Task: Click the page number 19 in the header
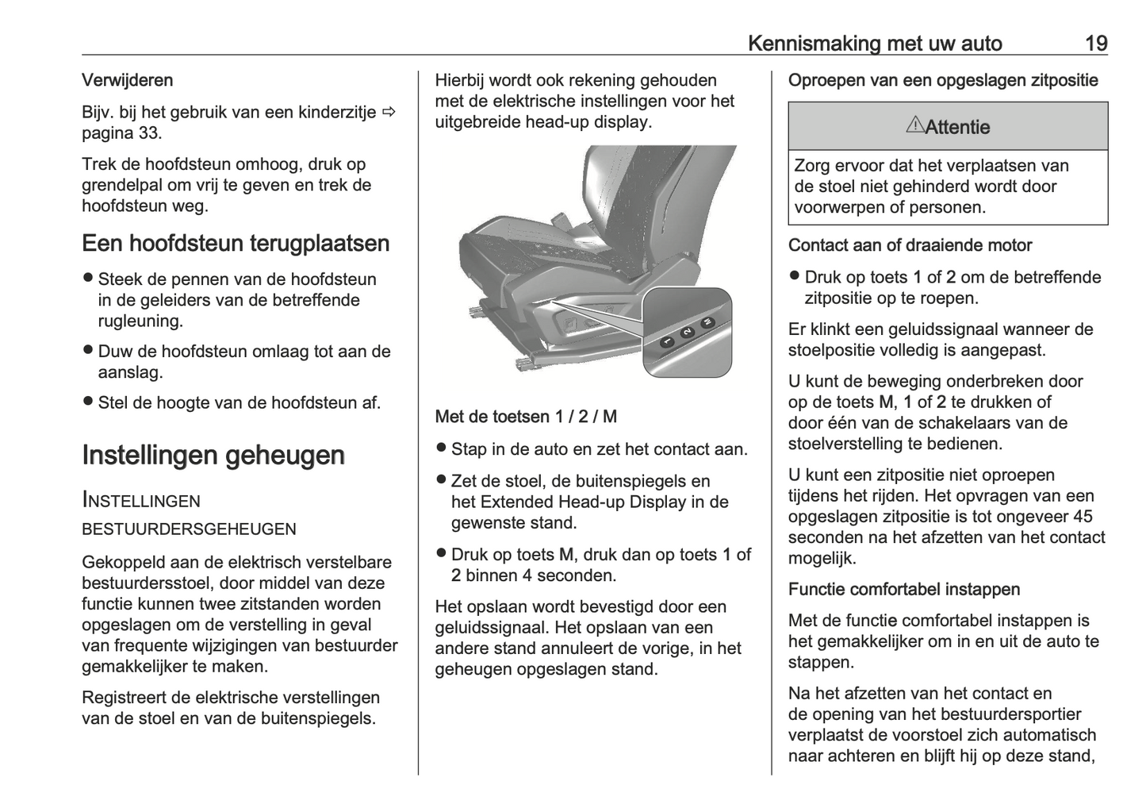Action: coord(1096,44)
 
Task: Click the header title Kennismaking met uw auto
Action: coord(875,44)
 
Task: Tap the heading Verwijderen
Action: coord(127,80)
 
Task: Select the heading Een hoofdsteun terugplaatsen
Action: coord(236,243)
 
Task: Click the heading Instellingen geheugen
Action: coord(213,455)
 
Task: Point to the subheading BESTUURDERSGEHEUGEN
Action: coord(189,529)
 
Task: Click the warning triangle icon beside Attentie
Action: coord(914,125)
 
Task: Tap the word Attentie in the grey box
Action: coord(957,127)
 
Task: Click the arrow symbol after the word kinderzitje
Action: coord(389,112)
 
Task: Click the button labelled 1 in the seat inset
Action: coord(668,342)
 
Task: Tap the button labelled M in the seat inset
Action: coord(706,322)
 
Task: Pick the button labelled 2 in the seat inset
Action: coord(687,332)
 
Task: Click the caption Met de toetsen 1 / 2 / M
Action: coord(526,417)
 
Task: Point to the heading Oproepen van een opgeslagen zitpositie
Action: coord(943,80)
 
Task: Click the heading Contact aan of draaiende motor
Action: coord(910,245)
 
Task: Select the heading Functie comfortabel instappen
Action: coord(903,589)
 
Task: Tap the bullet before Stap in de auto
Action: coord(441,448)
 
